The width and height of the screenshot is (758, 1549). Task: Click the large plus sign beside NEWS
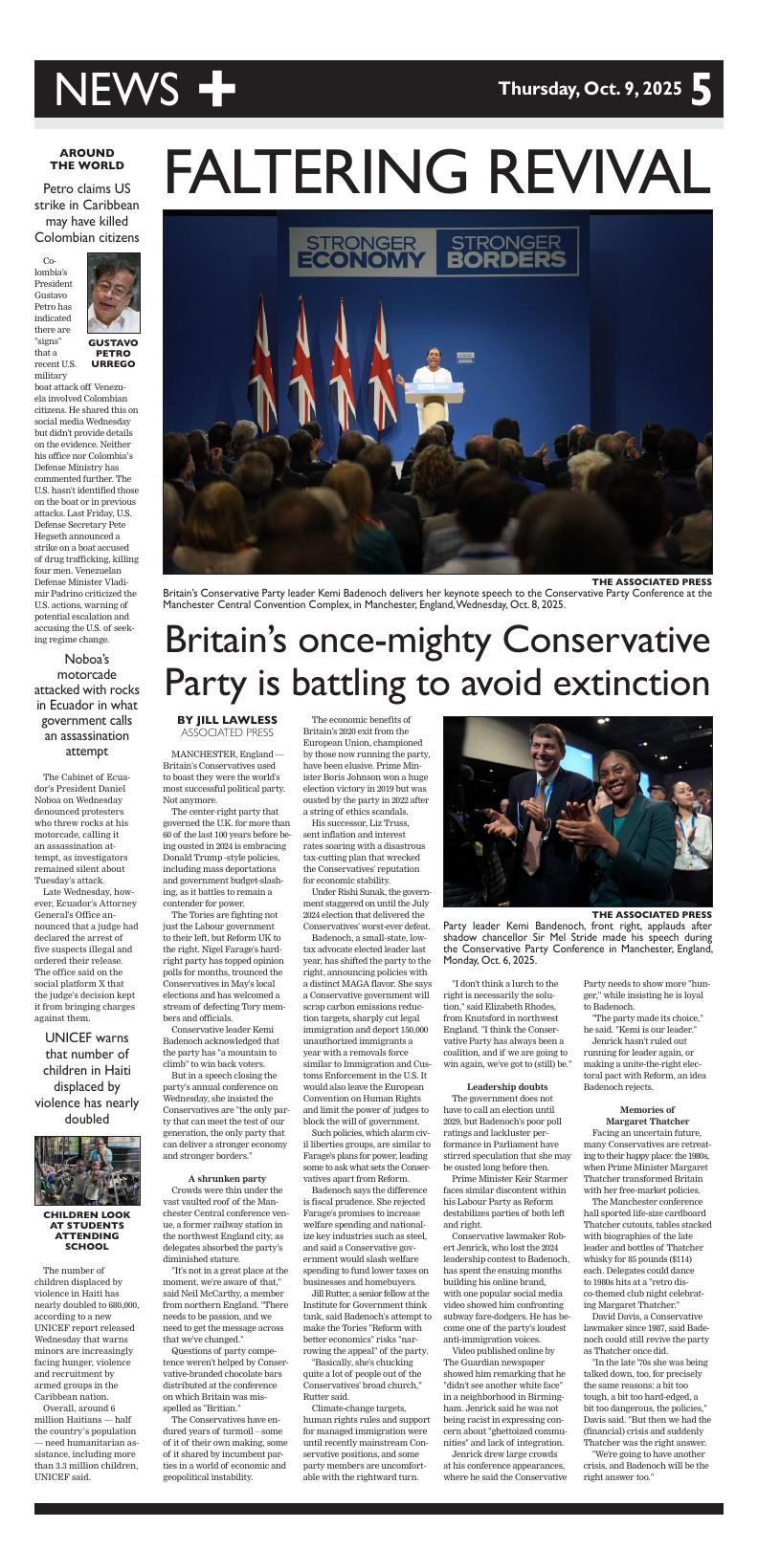(216, 89)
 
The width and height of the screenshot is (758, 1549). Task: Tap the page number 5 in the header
(702, 90)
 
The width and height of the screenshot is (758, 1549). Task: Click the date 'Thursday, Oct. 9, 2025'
(590, 90)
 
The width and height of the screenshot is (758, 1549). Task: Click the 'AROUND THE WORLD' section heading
(86, 159)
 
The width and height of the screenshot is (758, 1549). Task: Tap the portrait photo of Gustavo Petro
(113, 293)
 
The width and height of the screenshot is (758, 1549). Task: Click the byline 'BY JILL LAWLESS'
(227, 720)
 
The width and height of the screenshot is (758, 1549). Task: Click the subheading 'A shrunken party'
(227, 1178)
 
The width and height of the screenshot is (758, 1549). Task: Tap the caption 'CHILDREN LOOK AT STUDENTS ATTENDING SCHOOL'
(87, 1231)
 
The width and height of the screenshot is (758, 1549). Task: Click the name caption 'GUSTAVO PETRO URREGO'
(113, 353)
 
